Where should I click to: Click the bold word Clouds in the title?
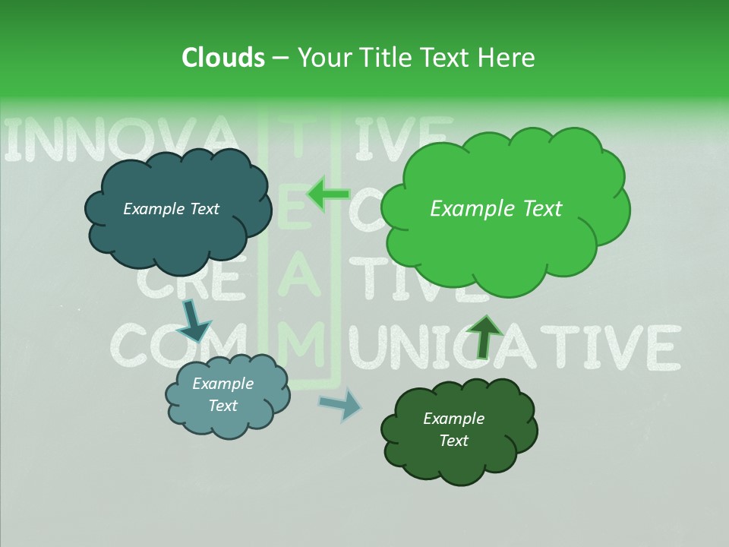pos(222,58)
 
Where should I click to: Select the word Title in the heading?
pos(383,58)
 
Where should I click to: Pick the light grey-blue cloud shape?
pos(227,418)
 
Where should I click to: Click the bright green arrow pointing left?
pos(328,194)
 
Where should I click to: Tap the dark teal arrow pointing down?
pos(194,319)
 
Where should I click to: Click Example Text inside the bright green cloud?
pos(496,209)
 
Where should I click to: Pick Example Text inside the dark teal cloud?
pos(171,209)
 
